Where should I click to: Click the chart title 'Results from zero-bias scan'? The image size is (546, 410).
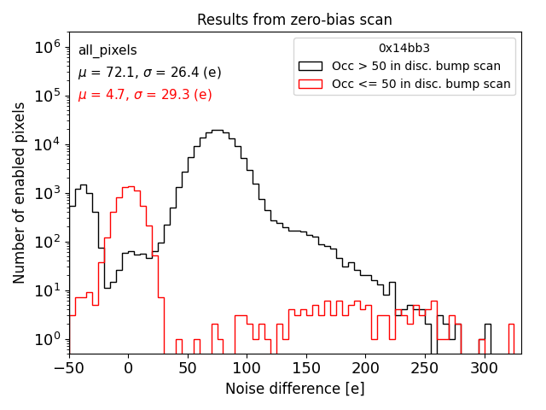coord(294,20)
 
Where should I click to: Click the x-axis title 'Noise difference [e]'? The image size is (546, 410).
coord(294,389)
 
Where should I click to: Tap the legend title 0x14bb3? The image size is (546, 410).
coord(404,48)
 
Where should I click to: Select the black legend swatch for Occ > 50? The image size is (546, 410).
coord(311,66)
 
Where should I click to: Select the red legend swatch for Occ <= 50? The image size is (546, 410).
coord(311,84)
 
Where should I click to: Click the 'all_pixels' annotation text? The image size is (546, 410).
coord(107,50)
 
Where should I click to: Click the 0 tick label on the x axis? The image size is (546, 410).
coord(128,368)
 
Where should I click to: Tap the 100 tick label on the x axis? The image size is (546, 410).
coord(247,368)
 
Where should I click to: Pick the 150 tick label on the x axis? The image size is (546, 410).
coord(306,368)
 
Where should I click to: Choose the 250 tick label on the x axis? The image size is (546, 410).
coord(425,368)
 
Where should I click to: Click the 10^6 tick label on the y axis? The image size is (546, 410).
coord(48,47)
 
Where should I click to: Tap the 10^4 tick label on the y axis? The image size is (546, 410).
coord(48,144)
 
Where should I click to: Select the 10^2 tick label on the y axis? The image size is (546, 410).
coord(48,242)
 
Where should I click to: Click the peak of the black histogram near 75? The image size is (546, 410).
coord(217,131)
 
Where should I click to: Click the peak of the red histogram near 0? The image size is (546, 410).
coord(128,186)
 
